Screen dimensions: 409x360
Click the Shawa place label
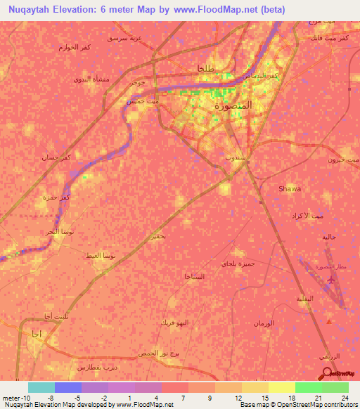pos(290,189)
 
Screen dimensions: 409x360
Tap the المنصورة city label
pos(237,107)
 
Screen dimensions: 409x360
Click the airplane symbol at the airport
pos(330,280)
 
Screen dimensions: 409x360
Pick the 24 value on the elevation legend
pos(344,397)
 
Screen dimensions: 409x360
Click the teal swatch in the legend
pos(41,387)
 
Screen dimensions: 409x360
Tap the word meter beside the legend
pos(10,397)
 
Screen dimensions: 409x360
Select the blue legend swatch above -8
pos(68,387)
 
